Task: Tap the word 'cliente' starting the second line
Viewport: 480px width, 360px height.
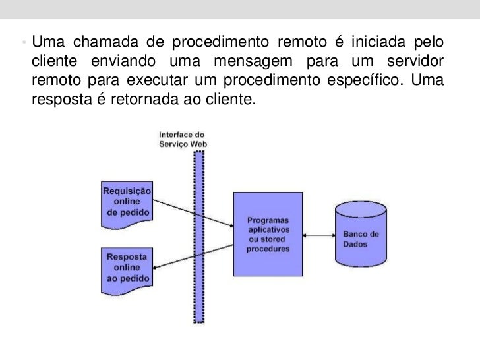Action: point(53,63)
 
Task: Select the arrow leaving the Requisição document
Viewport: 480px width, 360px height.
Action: point(191,209)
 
